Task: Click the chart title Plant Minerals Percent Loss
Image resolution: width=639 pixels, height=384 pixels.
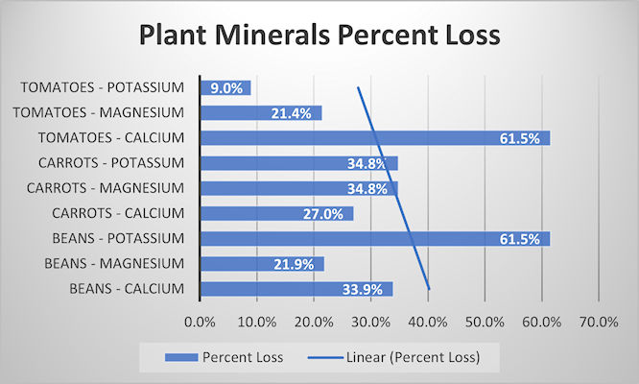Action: pos(319,36)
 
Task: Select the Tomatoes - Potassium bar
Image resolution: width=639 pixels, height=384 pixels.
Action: pos(225,87)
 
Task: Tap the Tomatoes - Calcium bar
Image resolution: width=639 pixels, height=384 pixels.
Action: pos(374,138)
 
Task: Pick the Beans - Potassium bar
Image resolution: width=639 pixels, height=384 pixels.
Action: pos(374,238)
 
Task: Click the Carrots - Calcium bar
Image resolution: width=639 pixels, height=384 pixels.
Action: pos(275,213)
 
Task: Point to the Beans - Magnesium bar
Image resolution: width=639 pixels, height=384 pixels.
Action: pos(261,263)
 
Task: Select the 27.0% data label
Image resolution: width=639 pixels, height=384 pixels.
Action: pos(324,213)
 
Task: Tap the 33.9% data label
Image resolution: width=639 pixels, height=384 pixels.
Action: pos(364,288)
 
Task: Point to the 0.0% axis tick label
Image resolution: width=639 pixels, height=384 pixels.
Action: pos(200,322)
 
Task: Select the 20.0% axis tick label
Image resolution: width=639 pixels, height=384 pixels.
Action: pos(314,322)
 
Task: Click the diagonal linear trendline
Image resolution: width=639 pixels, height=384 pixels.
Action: pos(393,188)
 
